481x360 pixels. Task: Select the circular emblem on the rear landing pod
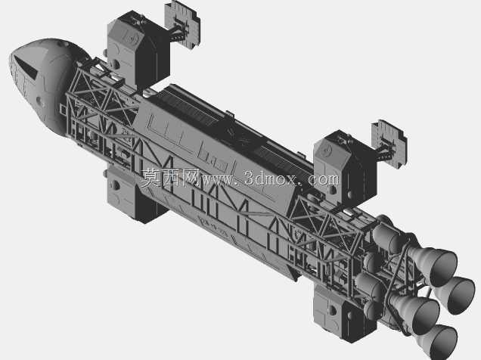(x=327, y=151)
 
